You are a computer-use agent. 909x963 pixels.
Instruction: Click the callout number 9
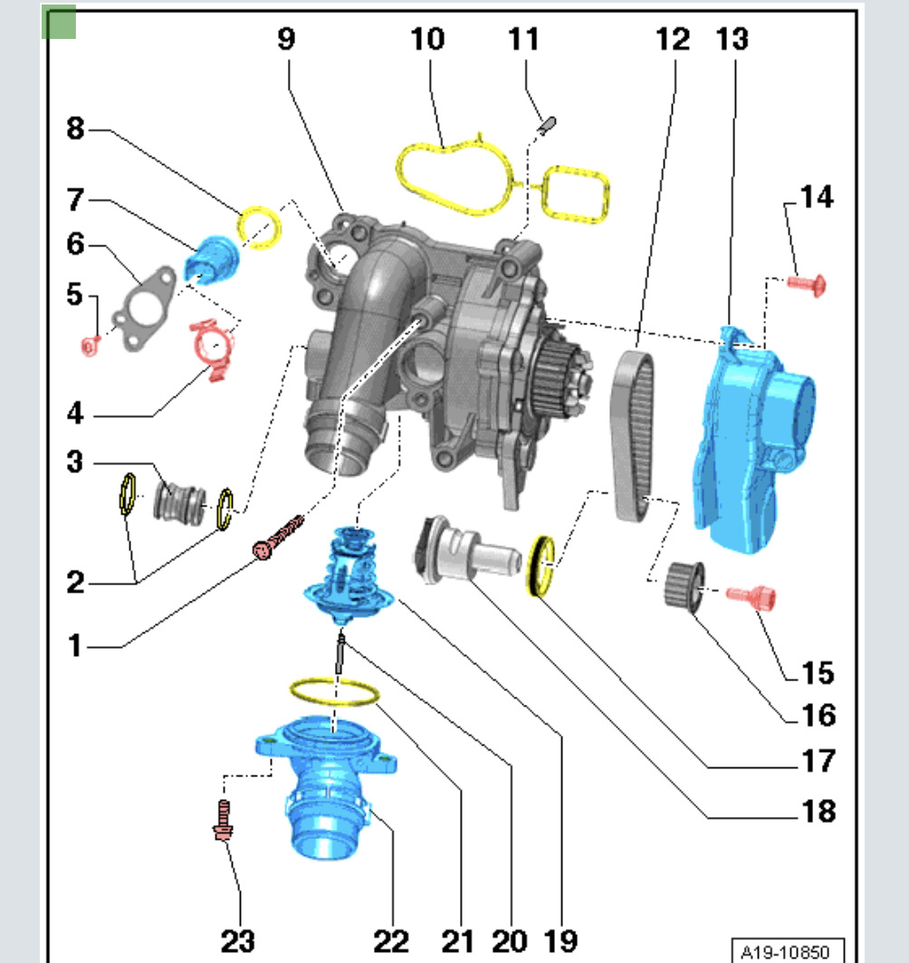[286, 39]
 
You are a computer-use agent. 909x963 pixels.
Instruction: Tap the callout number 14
[816, 197]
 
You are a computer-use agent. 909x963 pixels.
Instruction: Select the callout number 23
[238, 939]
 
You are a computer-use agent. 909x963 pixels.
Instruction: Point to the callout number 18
[817, 810]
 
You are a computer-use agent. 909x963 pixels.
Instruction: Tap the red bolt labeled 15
[753, 596]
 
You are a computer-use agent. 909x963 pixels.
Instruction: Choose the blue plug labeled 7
[211, 259]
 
